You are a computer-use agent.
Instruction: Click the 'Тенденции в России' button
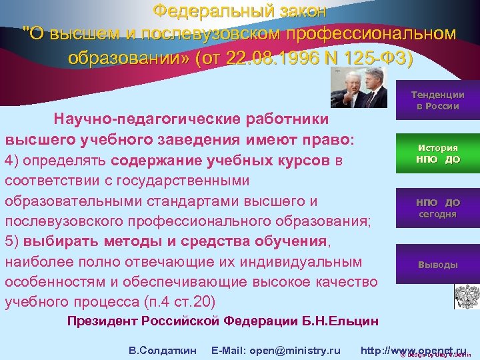click(x=437, y=100)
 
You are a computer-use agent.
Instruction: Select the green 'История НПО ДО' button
click(x=437, y=154)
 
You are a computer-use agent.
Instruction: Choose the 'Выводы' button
click(x=437, y=265)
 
